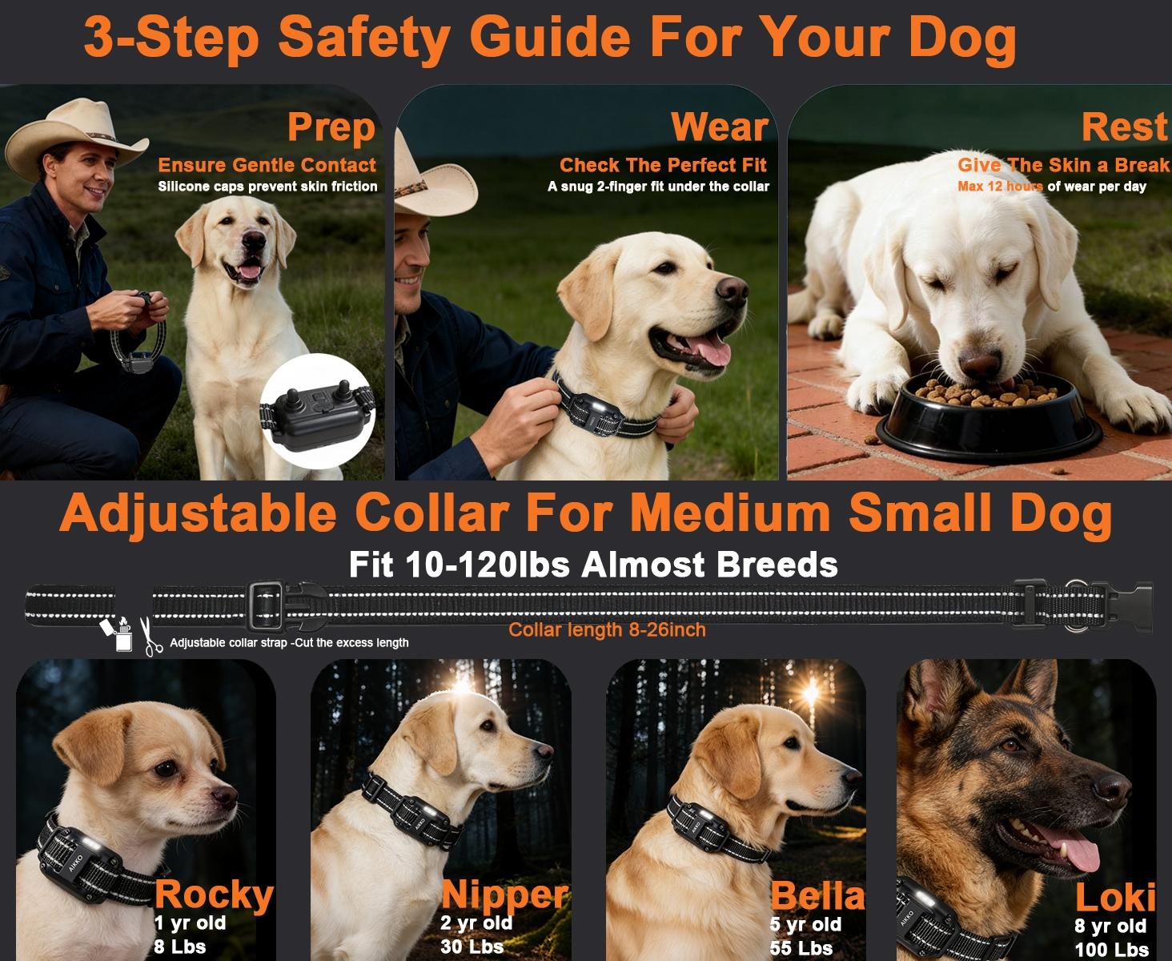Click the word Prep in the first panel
331,127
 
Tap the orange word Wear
719,127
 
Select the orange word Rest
1124,127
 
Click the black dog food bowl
989,420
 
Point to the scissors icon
151,637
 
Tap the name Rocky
213,895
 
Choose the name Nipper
504,895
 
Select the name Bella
817,896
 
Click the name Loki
1114,899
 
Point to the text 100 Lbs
1111,950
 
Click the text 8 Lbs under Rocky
179,947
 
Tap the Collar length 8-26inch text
607,630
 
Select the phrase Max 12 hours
1000,187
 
